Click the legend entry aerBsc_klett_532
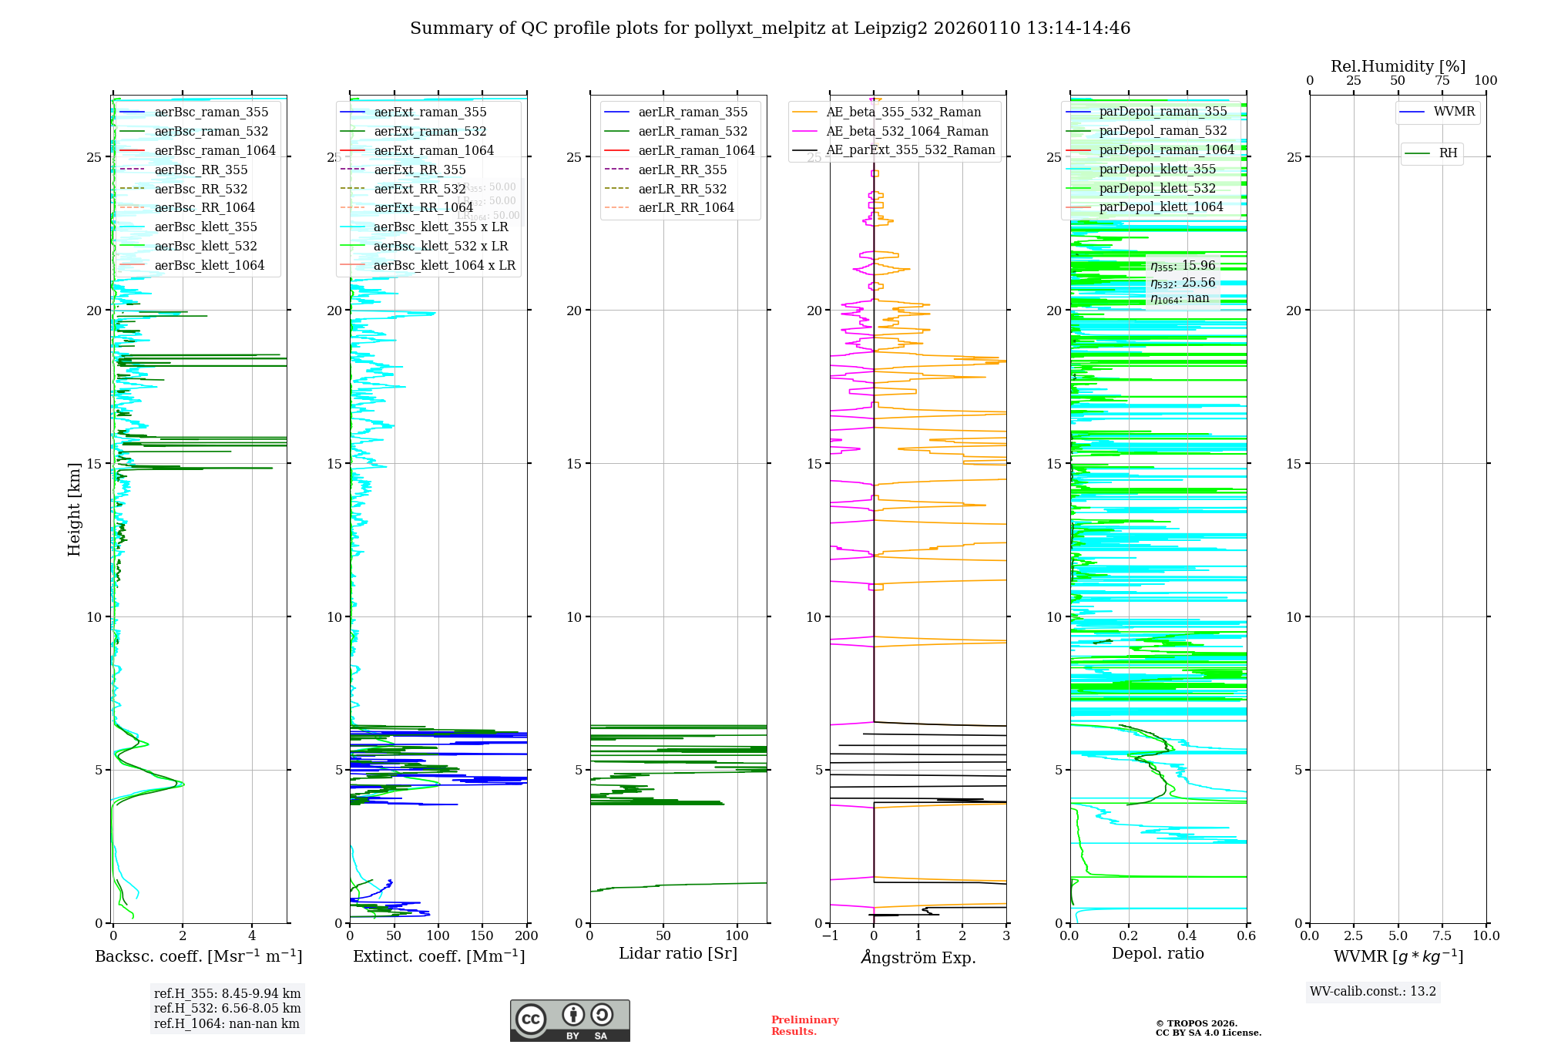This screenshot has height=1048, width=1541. point(206,247)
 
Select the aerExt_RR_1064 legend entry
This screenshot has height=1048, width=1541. point(423,208)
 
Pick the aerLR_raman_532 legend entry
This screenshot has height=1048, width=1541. point(693,132)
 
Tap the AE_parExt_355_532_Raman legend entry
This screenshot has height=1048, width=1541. point(910,150)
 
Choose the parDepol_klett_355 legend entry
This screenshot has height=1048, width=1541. point(1157,170)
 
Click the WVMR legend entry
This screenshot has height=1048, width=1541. point(1454,112)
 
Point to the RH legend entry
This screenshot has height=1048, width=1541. point(1448,153)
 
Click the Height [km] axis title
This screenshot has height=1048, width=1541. point(74,509)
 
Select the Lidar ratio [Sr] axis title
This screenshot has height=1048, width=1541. point(678,954)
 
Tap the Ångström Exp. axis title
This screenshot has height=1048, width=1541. point(918,958)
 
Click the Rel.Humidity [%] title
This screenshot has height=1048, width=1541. point(1398,66)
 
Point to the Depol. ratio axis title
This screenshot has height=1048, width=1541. point(1157,954)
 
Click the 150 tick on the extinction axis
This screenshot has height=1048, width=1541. point(482,936)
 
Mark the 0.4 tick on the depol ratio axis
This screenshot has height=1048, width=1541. point(1187,936)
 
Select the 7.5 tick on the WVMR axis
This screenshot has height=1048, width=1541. point(1442,936)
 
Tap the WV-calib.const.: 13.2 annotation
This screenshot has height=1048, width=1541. point(1373,992)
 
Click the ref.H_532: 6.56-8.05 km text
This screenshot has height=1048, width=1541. point(227,1009)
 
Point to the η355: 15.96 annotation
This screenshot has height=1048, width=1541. point(1183,266)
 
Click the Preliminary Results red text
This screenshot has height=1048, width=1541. point(804,1026)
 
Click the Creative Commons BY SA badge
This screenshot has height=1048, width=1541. point(569,1021)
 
